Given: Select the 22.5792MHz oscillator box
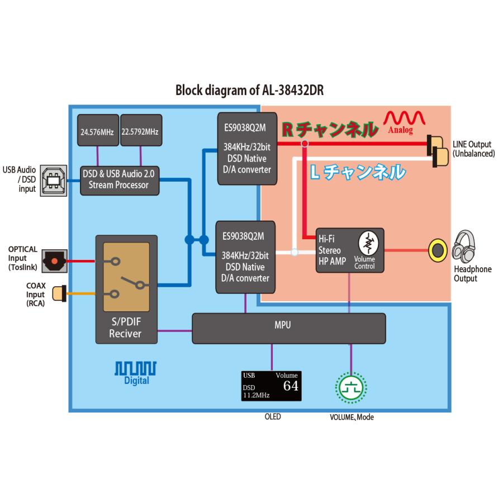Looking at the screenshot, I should click(140, 132).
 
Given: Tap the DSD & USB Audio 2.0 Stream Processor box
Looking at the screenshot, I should click(120, 180).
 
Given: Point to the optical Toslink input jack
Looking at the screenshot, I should click(54, 260).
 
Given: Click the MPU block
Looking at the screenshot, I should click(288, 328).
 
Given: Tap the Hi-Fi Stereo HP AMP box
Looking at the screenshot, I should click(350, 250).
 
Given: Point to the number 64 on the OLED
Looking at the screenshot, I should click(290, 386).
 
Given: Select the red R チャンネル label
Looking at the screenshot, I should click(328, 130).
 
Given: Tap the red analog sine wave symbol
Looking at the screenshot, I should click(404, 118).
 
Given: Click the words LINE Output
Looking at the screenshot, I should click(472, 144).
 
